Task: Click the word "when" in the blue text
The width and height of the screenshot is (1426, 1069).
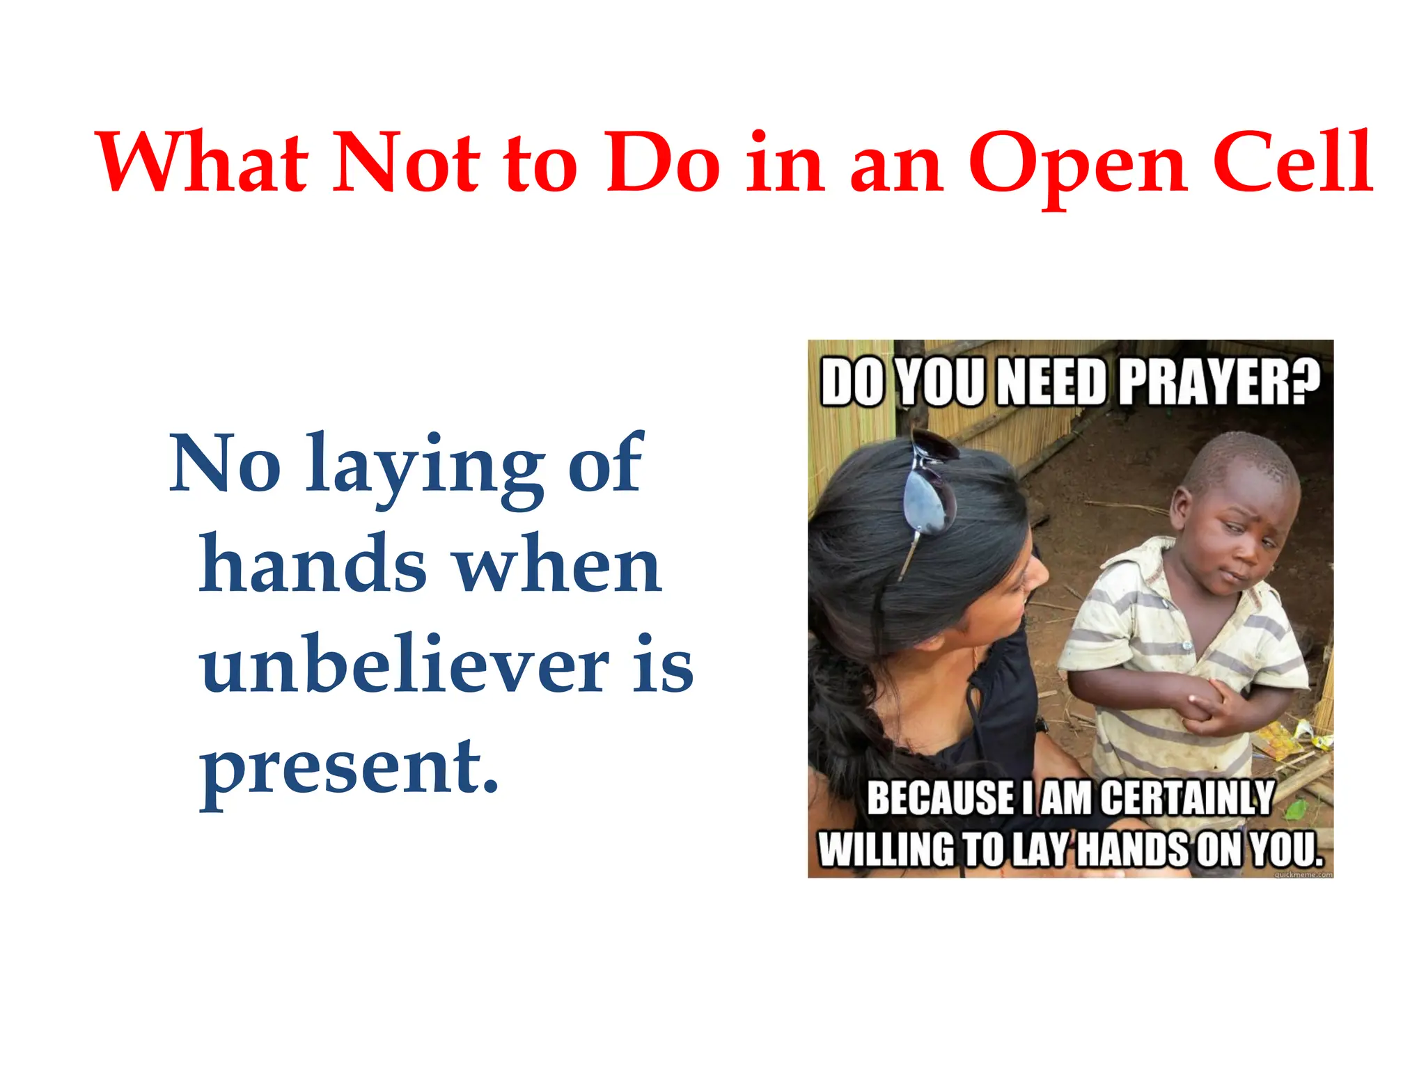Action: pos(558,565)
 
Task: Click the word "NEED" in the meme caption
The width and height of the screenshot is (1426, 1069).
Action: pos(1051,382)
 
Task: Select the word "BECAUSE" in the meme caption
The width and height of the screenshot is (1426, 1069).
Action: pos(941,798)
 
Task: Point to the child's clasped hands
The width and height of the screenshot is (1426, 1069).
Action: pos(1208,706)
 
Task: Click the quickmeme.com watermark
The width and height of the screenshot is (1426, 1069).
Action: pos(1303,874)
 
